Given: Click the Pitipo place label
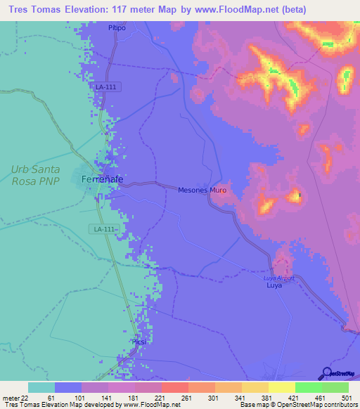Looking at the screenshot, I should tap(117, 27).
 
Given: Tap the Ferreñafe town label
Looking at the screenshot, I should tap(103, 180).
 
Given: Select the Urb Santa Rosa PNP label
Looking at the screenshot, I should tap(35, 175).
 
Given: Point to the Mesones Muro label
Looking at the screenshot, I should tap(202, 190).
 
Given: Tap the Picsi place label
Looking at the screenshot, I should tap(137, 342).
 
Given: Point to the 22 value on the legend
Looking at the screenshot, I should tap(25, 398).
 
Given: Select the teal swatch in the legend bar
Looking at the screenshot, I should tap(41, 387).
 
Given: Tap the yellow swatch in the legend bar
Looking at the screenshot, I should tap(281, 387).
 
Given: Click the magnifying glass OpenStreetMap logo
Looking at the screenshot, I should tap(327, 373).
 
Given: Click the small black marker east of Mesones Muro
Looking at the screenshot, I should tap(299, 195).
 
